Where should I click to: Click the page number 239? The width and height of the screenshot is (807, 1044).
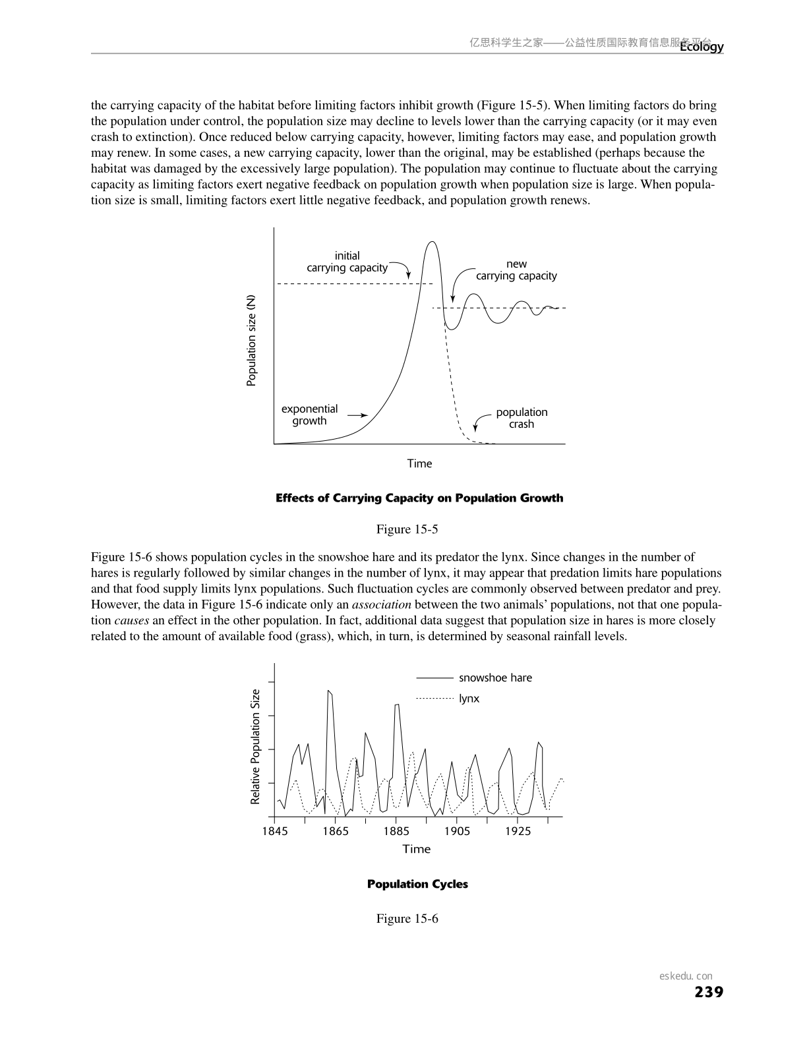(x=709, y=992)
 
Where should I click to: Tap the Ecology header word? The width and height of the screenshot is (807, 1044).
(x=702, y=47)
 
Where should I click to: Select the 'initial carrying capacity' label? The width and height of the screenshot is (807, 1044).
(x=347, y=262)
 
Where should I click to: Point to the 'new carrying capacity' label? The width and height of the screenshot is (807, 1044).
(x=516, y=270)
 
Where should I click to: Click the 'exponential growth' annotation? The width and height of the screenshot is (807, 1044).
(x=309, y=415)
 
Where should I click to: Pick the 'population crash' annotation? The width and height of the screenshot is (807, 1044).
(x=522, y=418)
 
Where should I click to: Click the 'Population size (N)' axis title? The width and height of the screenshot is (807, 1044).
(x=251, y=340)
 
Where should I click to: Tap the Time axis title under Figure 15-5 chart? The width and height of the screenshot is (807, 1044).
(x=419, y=463)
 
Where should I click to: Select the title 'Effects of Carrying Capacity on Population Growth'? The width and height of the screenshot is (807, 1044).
(x=419, y=498)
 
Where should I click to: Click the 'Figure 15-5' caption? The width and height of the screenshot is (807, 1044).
(x=407, y=529)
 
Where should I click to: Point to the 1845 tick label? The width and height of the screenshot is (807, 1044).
(x=275, y=831)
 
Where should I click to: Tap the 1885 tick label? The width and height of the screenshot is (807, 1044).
(x=396, y=831)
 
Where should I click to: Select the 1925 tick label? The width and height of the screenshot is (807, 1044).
(x=518, y=831)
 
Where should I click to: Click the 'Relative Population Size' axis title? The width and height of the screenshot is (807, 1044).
(x=256, y=747)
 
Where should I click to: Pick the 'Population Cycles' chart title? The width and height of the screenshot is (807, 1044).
(x=417, y=884)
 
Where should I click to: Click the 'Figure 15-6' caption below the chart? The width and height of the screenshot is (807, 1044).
(x=407, y=919)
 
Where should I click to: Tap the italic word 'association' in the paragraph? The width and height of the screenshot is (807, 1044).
(x=381, y=604)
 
